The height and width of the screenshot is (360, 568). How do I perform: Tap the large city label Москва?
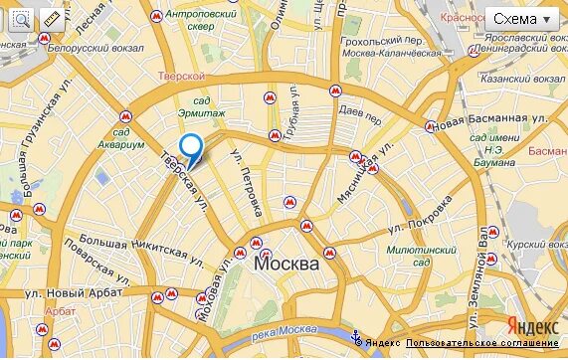coord(286,265)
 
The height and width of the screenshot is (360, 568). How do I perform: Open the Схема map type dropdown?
coord(525,20)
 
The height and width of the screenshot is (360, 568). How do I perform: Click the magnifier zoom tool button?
coord(20,19)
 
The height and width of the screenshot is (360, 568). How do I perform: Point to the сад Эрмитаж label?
coord(202,106)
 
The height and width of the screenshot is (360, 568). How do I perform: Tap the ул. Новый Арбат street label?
coord(73,292)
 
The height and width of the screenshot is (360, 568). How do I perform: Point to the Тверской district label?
coord(181,76)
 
